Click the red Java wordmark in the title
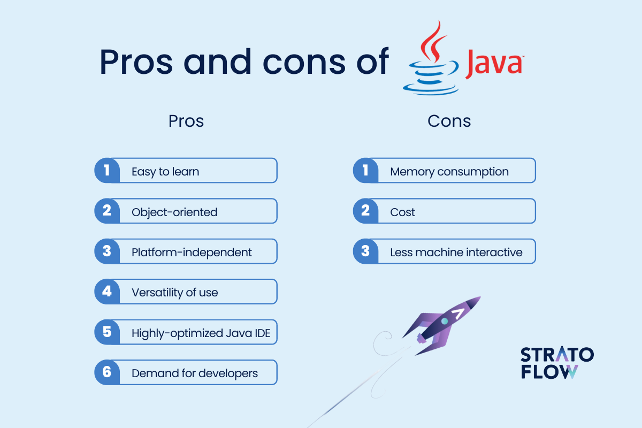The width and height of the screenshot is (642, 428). point(493,63)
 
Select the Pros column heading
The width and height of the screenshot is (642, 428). point(186,121)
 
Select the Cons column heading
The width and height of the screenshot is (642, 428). point(449,121)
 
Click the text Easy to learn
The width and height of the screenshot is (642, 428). point(165,172)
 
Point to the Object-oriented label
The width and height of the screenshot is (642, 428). point(174,212)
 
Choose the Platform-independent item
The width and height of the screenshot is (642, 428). point(192,252)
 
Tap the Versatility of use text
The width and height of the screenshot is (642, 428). point(174,293)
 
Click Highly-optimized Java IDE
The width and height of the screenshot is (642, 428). point(201,333)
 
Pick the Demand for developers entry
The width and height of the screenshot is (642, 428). point(195,373)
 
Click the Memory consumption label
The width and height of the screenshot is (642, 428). point(449,172)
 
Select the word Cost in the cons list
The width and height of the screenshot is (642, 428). point(402,212)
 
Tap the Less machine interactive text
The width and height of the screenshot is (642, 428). point(456,252)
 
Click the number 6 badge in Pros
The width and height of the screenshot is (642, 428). point(107,372)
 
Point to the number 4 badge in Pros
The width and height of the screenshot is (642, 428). point(107,292)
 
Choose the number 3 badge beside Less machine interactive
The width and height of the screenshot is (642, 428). point(365,251)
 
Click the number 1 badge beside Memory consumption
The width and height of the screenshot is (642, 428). point(365,171)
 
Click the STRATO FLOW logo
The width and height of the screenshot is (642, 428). point(556,363)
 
